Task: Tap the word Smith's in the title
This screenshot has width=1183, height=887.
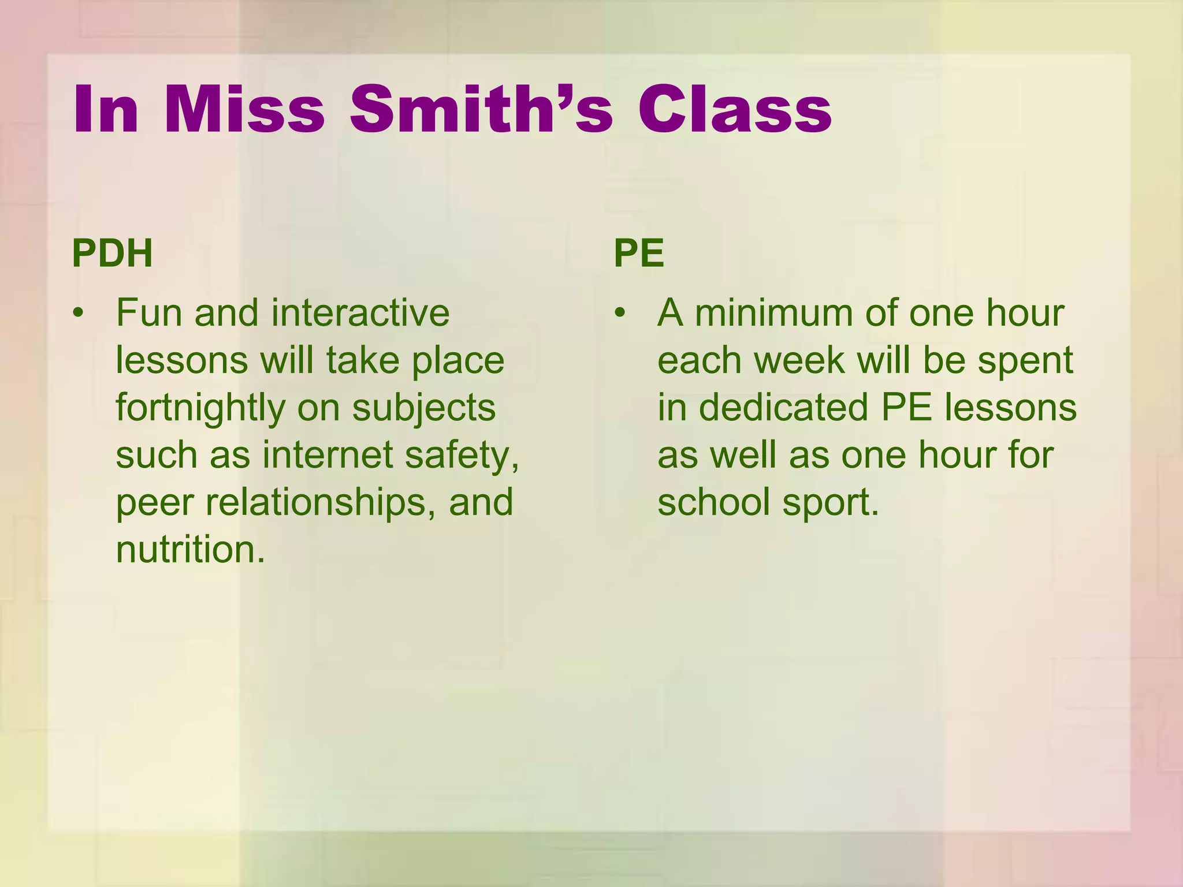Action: (x=481, y=109)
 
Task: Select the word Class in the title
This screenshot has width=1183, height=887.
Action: (x=734, y=109)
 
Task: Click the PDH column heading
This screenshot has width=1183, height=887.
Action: (x=113, y=254)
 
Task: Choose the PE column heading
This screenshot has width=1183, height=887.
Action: (x=639, y=254)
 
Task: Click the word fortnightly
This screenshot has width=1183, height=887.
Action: (x=200, y=408)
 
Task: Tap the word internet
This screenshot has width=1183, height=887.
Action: (x=328, y=455)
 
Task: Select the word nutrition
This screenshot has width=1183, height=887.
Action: (x=190, y=550)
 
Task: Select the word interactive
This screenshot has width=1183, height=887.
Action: (x=360, y=314)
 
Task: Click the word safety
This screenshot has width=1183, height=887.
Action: (x=462, y=455)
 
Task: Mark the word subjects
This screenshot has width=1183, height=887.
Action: (x=424, y=408)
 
